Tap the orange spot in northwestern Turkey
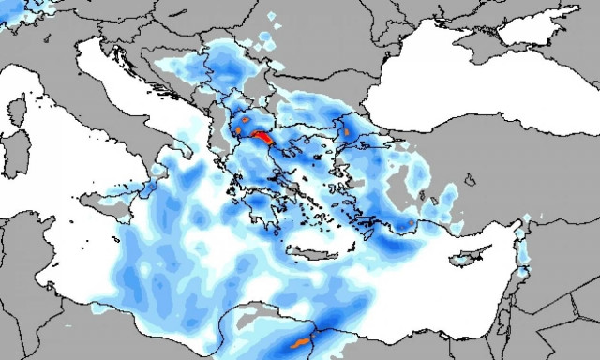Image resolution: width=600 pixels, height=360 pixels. [344, 131]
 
